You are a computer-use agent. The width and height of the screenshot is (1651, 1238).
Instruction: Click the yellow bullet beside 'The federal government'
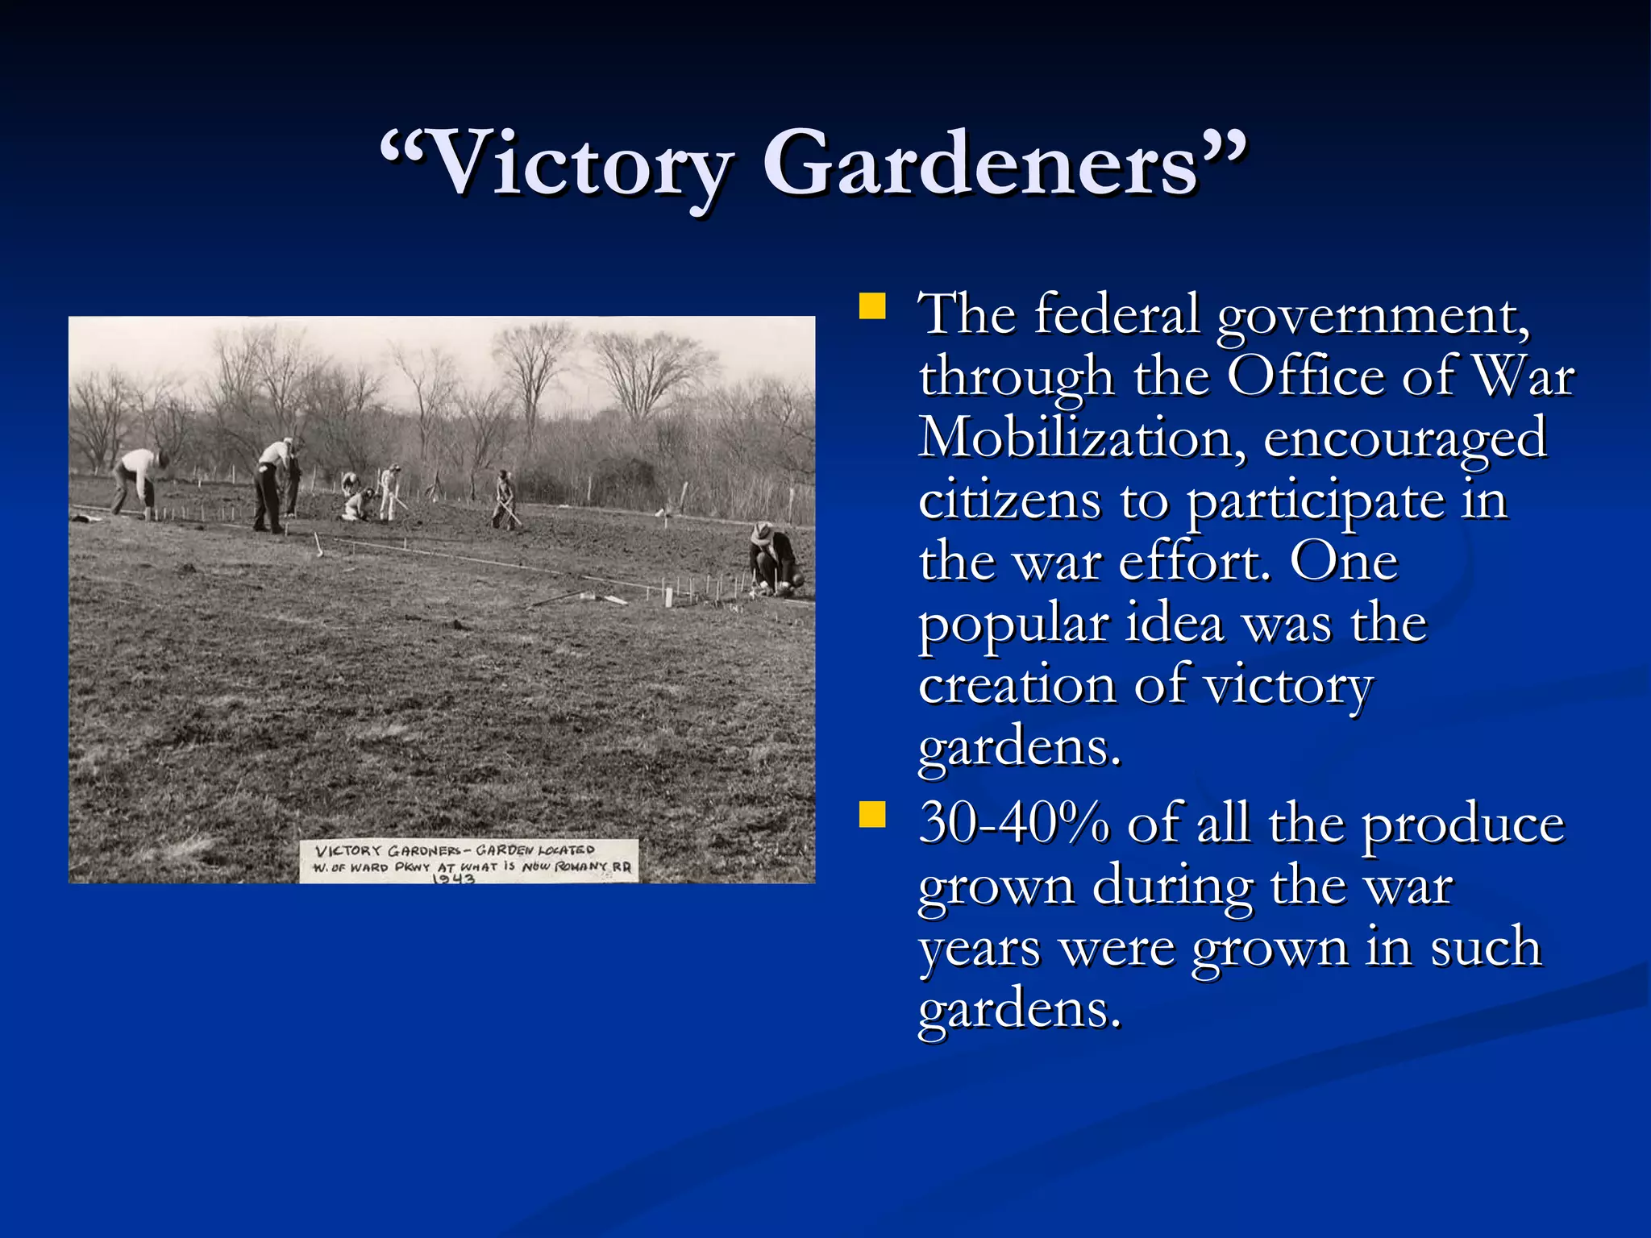pyautogui.click(x=872, y=307)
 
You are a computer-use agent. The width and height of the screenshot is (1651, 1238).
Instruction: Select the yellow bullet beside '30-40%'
pyautogui.click(x=872, y=815)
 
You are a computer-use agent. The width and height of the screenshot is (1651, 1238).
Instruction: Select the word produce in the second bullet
pyautogui.click(x=1462, y=825)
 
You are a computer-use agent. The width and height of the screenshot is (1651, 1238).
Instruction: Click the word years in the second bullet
pyautogui.click(x=979, y=949)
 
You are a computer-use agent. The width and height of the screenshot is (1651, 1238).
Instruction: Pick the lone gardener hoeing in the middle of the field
pyautogui.click(x=505, y=499)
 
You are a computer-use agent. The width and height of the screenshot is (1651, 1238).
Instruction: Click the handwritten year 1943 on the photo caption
pyautogui.click(x=453, y=879)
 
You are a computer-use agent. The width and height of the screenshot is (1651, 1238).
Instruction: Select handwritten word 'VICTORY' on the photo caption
pyautogui.click(x=347, y=851)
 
